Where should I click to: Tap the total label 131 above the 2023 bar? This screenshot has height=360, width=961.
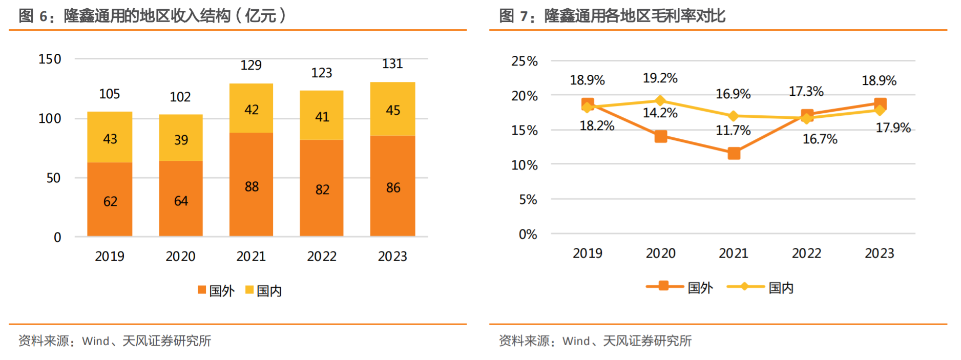[392, 64]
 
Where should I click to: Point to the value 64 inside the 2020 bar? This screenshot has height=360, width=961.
[181, 201]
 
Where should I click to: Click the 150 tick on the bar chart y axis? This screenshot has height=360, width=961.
[50, 59]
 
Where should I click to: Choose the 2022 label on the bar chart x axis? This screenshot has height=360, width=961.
[322, 256]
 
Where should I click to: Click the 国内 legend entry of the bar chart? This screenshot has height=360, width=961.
[264, 290]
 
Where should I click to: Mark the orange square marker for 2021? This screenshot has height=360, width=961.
[734, 153]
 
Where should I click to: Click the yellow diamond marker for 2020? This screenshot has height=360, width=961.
[660, 100]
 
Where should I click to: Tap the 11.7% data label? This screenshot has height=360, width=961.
[733, 131]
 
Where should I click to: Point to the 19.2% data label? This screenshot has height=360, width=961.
[660, 78]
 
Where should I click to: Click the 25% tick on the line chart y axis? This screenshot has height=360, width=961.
[525, 61]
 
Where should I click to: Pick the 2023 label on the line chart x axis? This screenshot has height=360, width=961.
[879, 253]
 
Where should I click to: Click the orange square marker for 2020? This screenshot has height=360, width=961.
[661, 136]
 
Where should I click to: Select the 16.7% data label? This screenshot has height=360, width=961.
[820, 139]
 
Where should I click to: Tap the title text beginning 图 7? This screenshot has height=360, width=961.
[612, 16]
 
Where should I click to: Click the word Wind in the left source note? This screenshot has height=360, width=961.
[96, 341]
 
